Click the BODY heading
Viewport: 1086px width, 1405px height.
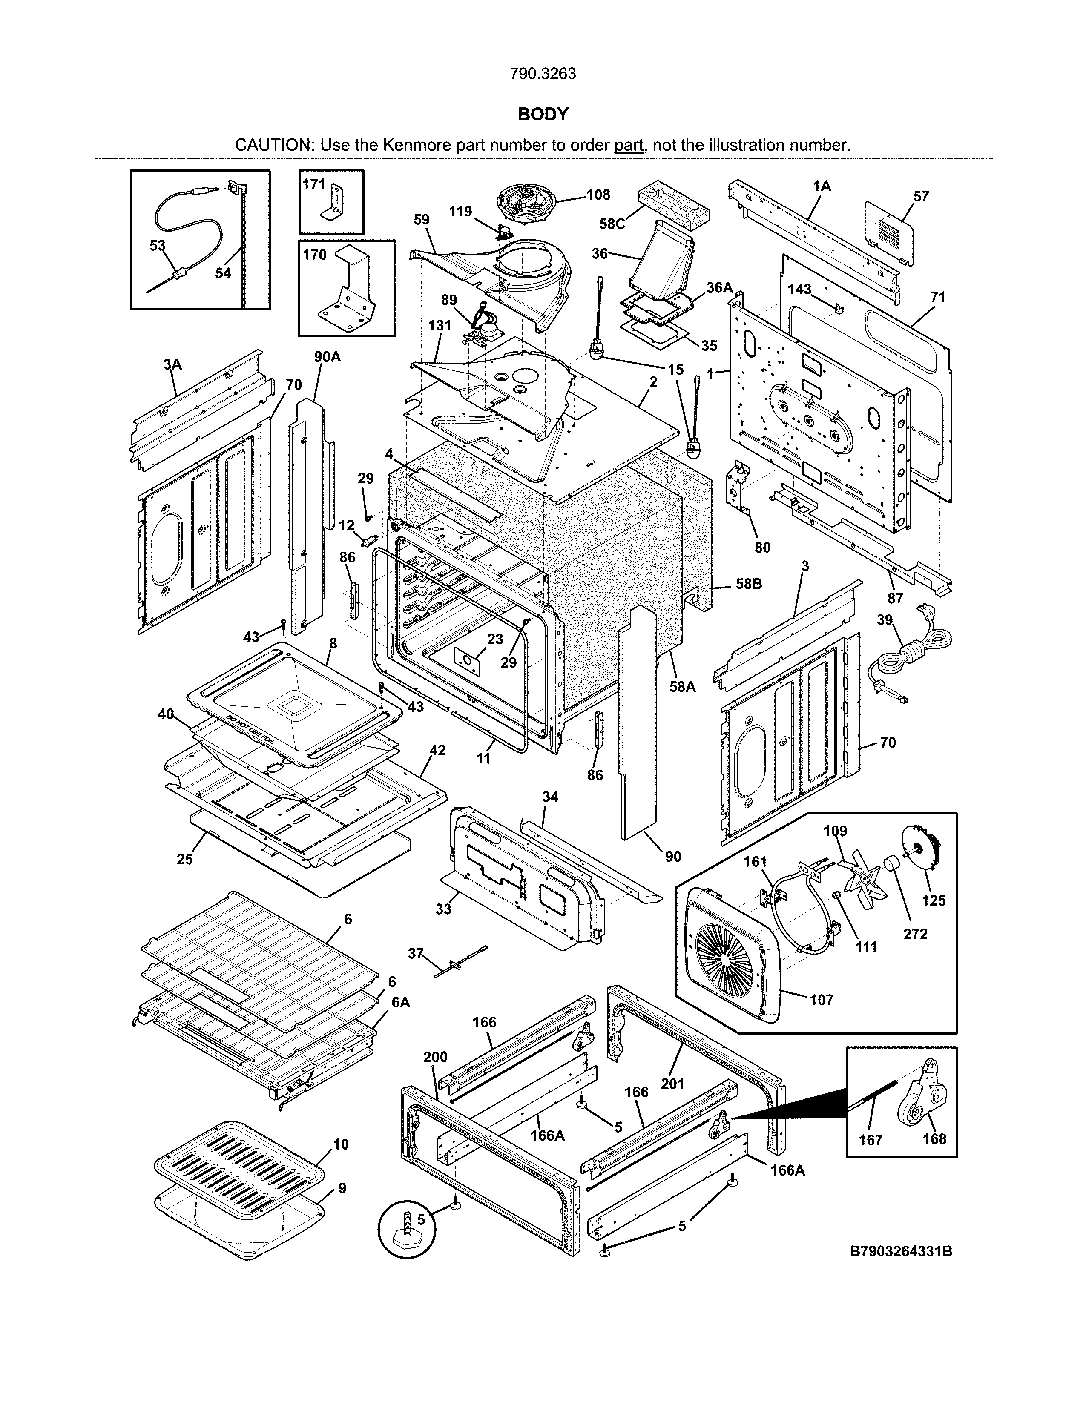[543, 115]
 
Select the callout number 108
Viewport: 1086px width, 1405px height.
[598, 194]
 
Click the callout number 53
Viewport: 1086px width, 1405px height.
[158, 246]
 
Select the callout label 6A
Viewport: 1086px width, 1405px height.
[400, 1002]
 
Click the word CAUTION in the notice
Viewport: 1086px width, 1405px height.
[273, 145]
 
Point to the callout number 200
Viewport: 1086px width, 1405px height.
[436, 1057]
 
